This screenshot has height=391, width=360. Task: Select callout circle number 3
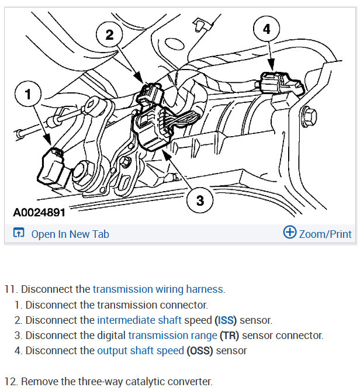pos(200,200)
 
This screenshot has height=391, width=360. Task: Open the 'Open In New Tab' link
pos(70,234)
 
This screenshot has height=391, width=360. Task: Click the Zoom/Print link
pos(326,234)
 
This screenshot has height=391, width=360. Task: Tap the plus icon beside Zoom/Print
pos(289,233)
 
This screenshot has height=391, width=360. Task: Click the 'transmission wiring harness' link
pos(158,289)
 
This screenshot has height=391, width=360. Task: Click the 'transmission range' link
pos(172,335)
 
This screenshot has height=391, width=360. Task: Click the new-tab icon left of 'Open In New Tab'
pos(18,234)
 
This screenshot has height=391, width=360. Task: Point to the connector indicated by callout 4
pos(278,84)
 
